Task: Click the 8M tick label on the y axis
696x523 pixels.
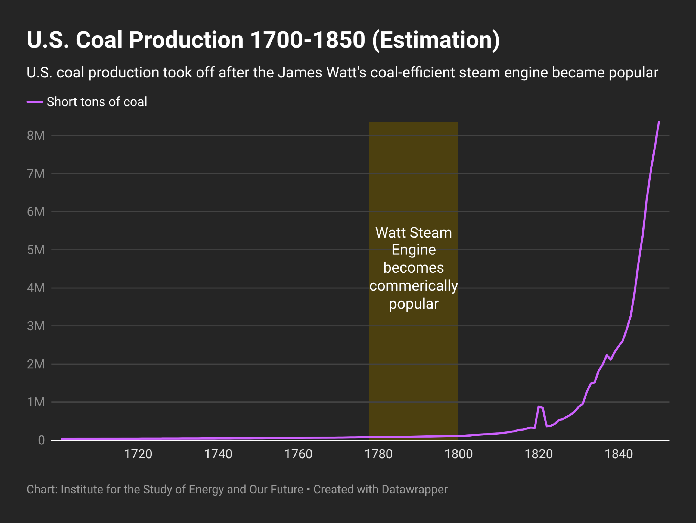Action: (x=36, y=136)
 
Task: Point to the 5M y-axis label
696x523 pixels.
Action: (x=36, y=250)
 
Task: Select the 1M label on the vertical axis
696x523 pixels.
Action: (x=36, y=402)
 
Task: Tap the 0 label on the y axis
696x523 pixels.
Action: (x=41, y=440)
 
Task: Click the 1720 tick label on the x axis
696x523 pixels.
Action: (x=138, y=454)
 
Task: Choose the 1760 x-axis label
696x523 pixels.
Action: (x=298, y=454)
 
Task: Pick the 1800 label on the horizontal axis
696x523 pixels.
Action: (x=458, y=454)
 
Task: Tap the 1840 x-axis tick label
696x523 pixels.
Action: (x=619, y=454)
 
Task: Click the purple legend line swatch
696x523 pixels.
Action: (x=35, y=102)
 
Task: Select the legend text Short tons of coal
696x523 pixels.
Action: (x=97, y=102)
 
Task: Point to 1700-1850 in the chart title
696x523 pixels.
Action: (x=307, y=40)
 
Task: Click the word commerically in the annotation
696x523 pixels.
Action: (x=414, y=286)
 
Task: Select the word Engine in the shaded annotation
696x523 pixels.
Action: (x=414, y=250)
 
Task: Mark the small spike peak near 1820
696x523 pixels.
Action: (x=539, y=407)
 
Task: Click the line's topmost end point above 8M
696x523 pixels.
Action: (x=658, y=122)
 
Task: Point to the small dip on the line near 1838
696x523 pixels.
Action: (x=611, y=359)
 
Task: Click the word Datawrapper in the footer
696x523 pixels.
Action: (x=414, y=490)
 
